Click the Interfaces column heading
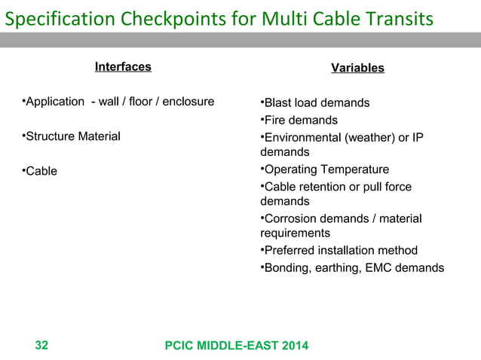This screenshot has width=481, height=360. coord(123,67)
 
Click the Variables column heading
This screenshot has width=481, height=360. coord(357,69)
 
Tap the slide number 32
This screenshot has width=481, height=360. coord(42,346)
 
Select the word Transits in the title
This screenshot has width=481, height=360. coord(399,17)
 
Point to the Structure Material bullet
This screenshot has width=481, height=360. coord(71,136)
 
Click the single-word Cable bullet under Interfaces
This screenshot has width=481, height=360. coord(39,171)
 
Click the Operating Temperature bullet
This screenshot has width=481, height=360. coord(324,169)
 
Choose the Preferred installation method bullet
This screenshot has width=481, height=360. coord(339,251)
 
